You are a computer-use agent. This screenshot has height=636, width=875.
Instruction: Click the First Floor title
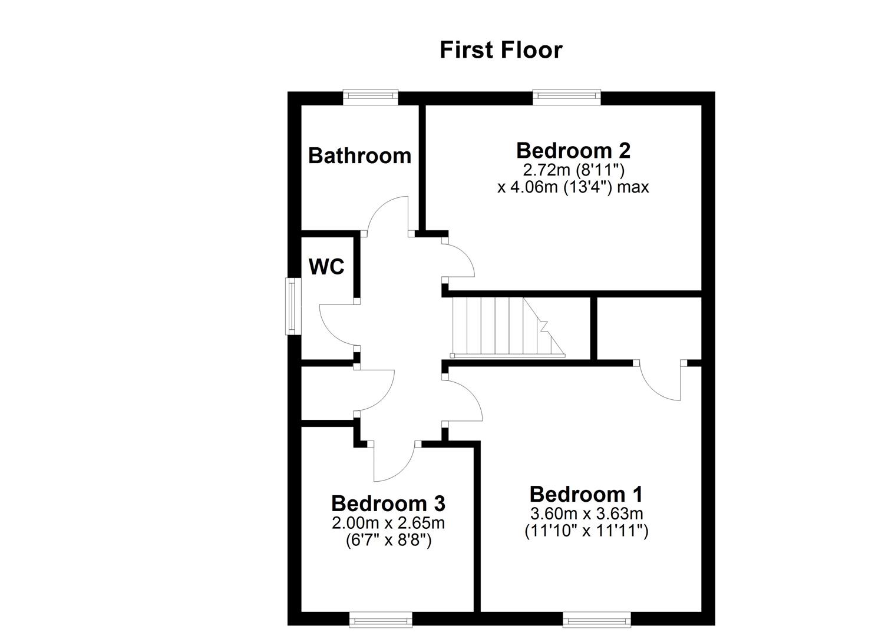point(501,50)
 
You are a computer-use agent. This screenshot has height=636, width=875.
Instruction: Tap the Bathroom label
point(359,155)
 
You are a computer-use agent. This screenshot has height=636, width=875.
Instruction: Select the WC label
point(326,267)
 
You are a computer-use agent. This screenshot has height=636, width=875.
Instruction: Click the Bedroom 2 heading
point(573,150)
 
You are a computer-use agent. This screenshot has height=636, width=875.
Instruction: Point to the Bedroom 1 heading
point(586,493)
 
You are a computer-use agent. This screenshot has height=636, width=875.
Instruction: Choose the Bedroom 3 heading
point(388,503)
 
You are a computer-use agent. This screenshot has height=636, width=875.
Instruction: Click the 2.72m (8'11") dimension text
point(573,170)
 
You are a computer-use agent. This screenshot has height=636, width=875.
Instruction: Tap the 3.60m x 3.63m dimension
point(586,513)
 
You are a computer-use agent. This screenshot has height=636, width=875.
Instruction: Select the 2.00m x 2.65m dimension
point(388,522)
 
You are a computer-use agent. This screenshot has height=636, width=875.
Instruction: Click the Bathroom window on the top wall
point(371,96)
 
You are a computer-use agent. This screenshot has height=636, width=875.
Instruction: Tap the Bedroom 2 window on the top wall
point(567,96)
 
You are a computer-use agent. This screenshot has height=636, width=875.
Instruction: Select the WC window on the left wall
point(291,306)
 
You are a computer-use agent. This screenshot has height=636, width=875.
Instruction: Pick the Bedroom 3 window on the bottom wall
point(381,619)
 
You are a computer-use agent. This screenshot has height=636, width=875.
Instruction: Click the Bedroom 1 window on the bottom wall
point(597,619)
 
